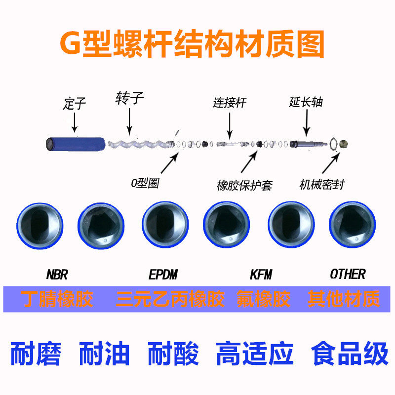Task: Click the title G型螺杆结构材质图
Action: (x=192, y=45)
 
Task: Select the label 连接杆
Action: (x=230, y=103)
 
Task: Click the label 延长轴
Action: (x=306, y=102)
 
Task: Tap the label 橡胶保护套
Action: (x=244, y=185)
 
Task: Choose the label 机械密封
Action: (x=321, y=185)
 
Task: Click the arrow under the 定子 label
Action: (x=75, y=121)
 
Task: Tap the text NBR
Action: (x=57, y=274)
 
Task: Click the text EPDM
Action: (x=163, y=274)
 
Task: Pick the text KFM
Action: (x=261, y=274)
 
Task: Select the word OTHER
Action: (x=348, y=274)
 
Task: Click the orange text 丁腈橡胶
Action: (x=57, y=299)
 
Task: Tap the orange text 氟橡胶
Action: (x=263, y=299)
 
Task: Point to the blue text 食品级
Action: (x=350, y=354)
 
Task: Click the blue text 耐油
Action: (x=104, y=354)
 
